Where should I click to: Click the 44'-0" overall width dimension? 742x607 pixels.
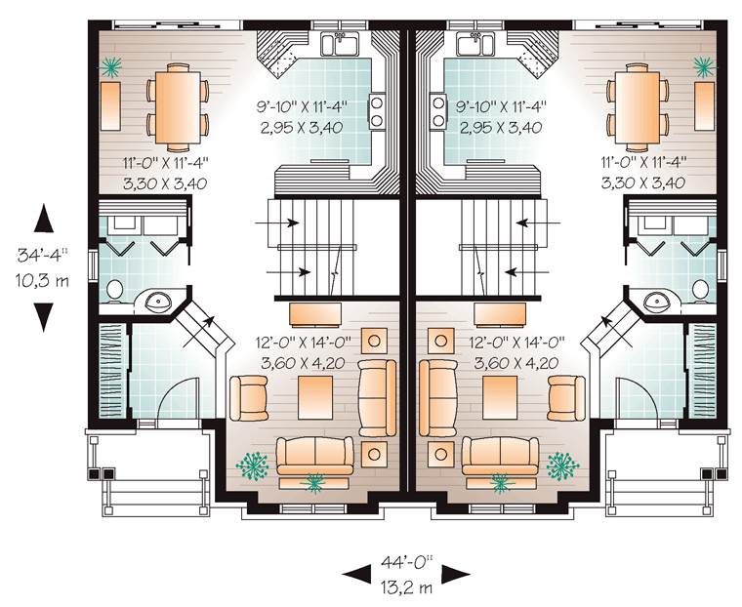(407, 562)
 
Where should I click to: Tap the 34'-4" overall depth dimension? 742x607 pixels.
(43, 255)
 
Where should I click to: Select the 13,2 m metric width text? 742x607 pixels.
(406, 587)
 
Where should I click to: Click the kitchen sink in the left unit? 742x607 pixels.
(340, 44)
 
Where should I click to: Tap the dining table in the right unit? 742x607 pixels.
(638, 105)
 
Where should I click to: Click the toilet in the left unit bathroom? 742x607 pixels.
(114, 290)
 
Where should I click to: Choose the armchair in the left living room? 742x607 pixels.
(248, 398)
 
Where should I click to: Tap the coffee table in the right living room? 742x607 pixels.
(500, 397)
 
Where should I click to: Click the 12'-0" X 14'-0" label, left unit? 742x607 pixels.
(304, 343)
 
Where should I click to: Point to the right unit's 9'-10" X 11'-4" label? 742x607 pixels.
(501, 106)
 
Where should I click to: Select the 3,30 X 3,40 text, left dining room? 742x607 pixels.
(165, 183)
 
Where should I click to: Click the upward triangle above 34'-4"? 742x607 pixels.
(44, 218)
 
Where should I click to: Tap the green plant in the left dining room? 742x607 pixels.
(112, 66)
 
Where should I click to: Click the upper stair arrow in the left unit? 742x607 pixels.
(277, 223)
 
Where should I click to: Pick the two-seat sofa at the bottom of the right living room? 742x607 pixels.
(500, 456)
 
